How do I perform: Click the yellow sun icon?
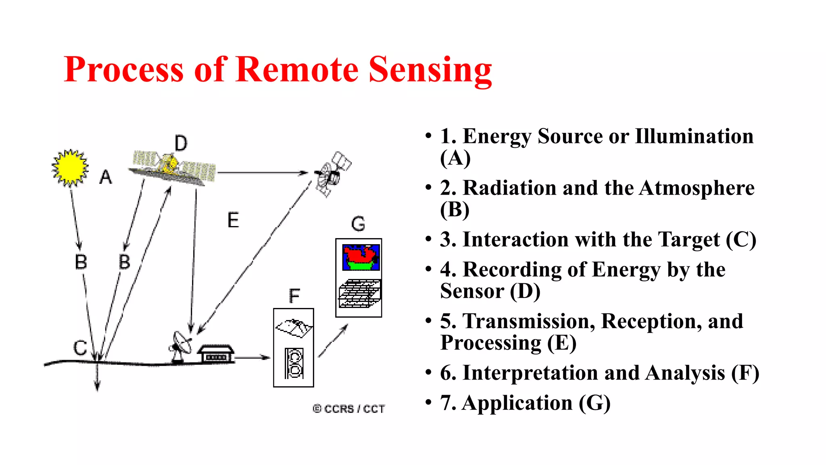70,168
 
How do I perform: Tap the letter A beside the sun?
106,177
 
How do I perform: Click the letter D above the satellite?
181,143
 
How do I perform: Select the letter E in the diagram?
233,220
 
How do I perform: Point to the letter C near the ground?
80,348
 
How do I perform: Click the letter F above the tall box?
294,296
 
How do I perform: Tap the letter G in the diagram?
358,224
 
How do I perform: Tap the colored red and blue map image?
361,258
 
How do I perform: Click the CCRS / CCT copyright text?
349,409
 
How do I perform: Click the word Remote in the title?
297,69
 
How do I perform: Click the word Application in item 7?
517,403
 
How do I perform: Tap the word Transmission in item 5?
528,321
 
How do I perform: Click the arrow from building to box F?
252,357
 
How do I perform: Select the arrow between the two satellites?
262,173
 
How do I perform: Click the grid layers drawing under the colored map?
359,293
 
